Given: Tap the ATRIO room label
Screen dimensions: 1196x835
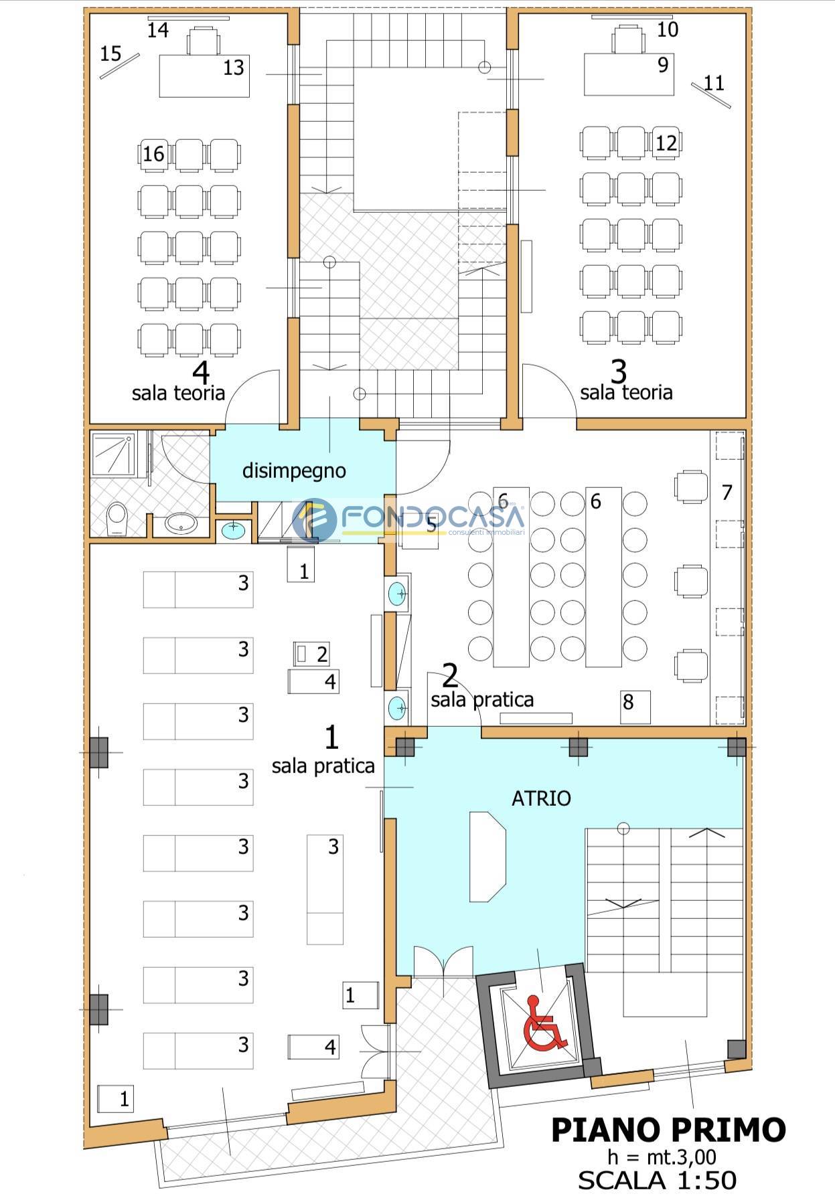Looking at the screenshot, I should (541, 798).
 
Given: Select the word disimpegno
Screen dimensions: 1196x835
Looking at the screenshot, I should (294, 471).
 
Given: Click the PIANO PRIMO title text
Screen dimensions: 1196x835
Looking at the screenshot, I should (668, 1130).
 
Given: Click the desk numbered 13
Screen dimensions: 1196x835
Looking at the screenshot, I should (204, 76).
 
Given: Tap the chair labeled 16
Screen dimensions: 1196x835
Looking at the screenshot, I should (155, 155).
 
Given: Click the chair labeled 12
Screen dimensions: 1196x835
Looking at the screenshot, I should (666, 143).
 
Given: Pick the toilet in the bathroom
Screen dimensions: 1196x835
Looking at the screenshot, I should (118, 519).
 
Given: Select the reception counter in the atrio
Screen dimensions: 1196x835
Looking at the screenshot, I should (485, 857).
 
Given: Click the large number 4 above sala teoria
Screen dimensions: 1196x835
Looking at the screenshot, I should (200, 372).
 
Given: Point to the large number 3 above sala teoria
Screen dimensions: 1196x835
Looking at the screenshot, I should (619, 370).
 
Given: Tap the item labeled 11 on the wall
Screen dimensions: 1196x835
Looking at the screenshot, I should (710, 93).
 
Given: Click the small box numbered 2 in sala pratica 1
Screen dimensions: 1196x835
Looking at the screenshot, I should (311, 653).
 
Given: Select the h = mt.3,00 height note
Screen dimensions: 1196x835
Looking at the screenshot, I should (661, 1157).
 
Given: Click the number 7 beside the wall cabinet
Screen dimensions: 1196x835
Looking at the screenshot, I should (727, 493).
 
